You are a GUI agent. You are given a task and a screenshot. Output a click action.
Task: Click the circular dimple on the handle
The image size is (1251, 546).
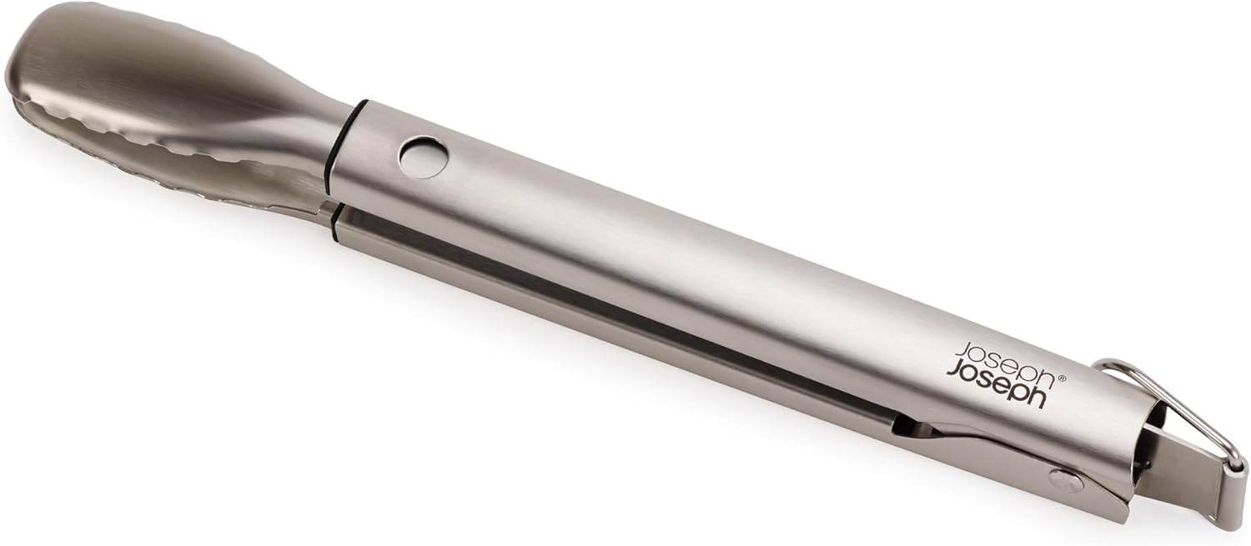coord(425,159)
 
